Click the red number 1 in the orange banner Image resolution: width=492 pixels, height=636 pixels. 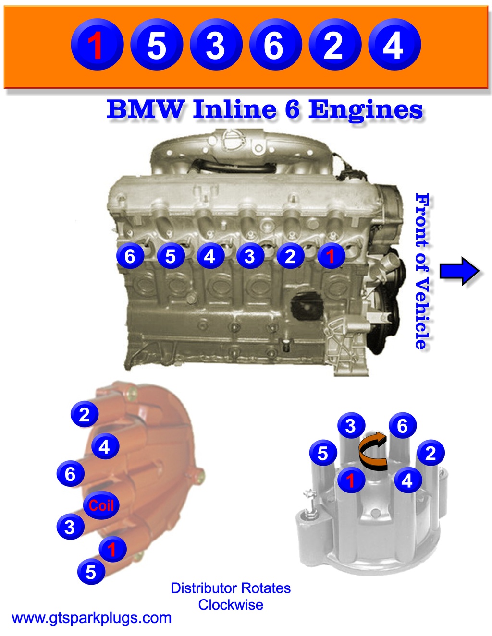click(x=97, y=45)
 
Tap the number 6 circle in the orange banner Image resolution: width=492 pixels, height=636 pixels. click(x=274, y=45)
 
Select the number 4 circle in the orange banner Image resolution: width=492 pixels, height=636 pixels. click(x=394, y=45)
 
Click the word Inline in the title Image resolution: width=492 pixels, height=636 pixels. click(x=234, y=110)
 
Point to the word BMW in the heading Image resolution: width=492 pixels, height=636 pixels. click(x=145, y=110)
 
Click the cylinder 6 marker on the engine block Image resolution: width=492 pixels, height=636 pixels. click(x=130, y=256)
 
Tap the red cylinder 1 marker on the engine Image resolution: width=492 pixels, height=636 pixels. click(x=331, y=256)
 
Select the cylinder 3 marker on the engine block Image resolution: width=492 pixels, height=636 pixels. click(x=250, y=256)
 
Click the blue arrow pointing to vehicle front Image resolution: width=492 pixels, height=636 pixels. click(x=459, y=271)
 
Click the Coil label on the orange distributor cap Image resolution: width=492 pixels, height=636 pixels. click(x=101, y=505)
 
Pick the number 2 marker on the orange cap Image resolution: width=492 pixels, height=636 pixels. click(x=85, y=414)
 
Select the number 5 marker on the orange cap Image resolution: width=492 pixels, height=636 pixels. click(x=91, y=572)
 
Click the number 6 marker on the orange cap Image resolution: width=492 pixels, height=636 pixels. click(x=71, y=474)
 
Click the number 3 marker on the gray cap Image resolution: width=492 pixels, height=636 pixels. click(x=351, y=426)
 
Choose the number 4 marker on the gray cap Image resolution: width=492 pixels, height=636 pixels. click(x=407, y=480)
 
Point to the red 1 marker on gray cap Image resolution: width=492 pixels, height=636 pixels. click(x=351, y=480)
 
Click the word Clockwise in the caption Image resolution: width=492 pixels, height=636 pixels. click(x=231, y=604)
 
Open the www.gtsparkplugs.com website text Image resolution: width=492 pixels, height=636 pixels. click(x=92, y=617)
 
